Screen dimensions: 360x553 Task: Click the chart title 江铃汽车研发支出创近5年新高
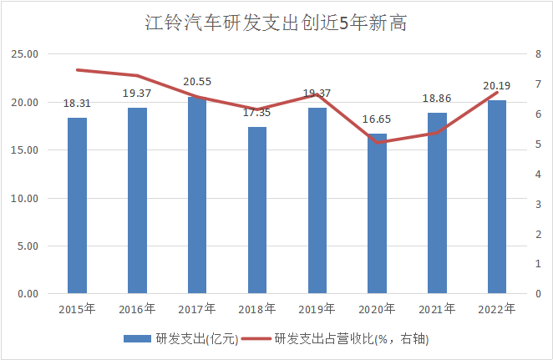tap(276, 23)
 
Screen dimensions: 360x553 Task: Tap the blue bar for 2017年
tap(197, 195)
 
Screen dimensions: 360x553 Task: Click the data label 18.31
tap(77, 104)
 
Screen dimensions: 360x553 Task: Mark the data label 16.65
tap(378, 120)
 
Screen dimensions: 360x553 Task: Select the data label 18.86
tap(438, 99)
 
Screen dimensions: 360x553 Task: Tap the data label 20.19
tap(497, 85)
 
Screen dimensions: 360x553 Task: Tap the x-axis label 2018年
tap(257, 309)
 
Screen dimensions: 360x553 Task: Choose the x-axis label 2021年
tap(438, 309)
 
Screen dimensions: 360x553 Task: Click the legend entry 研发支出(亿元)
tap(182, 338)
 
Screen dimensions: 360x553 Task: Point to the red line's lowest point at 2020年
tap(378, 142)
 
